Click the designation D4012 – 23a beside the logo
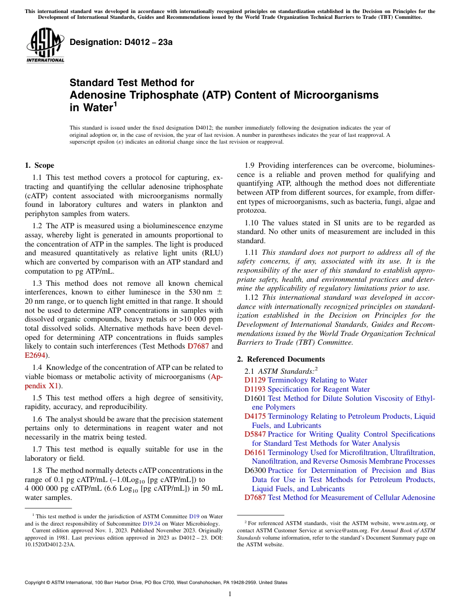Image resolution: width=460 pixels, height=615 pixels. coord(121,42)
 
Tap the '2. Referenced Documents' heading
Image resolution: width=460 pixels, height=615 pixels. coord(281,359)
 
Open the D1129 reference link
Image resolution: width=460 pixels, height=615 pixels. coord(255,380)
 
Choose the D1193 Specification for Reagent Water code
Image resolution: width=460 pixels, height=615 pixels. coord(255,389)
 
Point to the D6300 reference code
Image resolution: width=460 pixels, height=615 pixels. coord(255,470)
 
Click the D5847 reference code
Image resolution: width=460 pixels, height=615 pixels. coord(255,434)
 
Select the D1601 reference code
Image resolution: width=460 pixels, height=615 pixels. coord(255,398)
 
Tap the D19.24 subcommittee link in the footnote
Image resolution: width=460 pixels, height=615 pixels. coord(150,523)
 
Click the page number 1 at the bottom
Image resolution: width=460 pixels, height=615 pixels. coord(230,594)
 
